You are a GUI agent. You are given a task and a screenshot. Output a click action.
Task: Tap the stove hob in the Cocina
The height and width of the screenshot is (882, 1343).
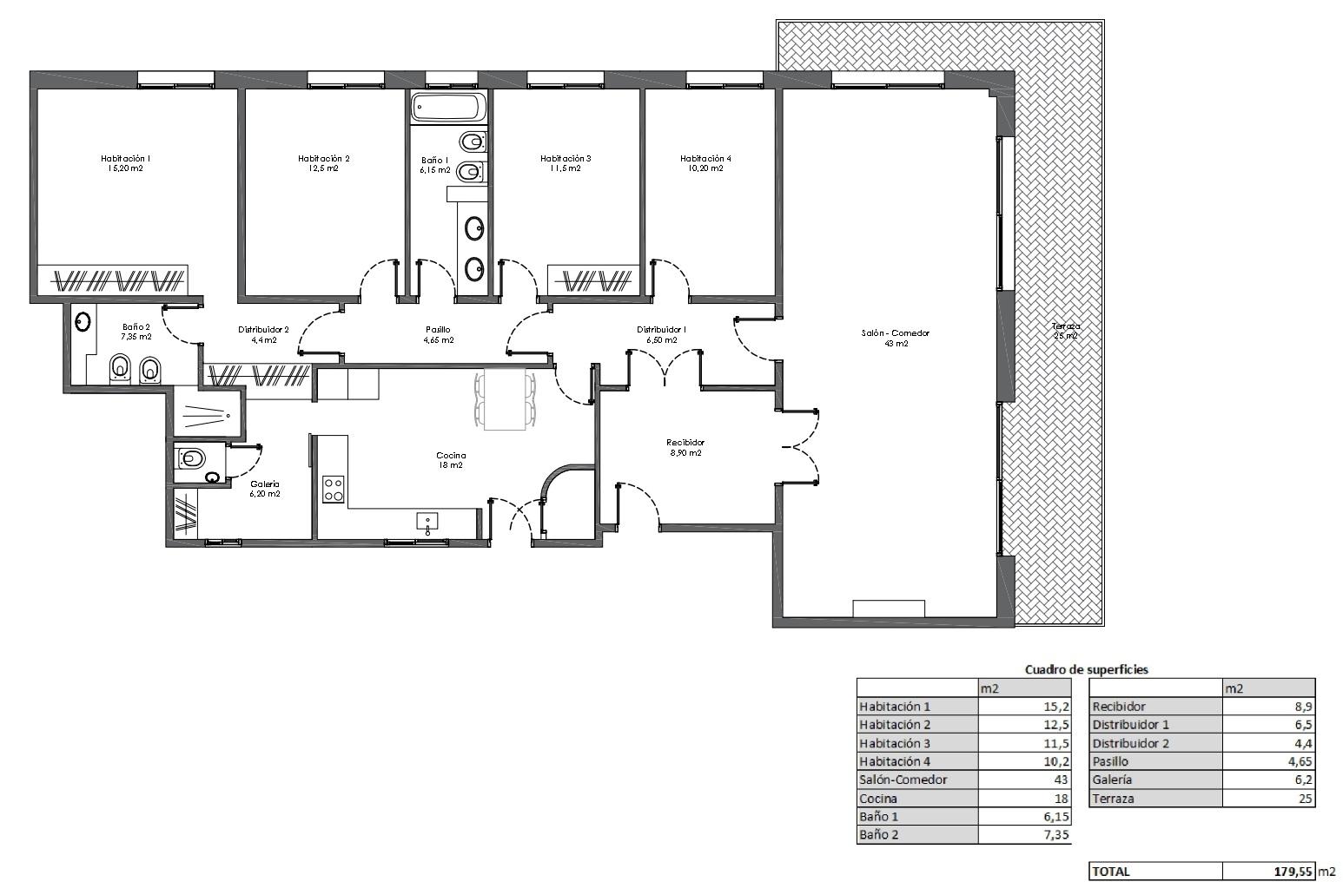(334, 489)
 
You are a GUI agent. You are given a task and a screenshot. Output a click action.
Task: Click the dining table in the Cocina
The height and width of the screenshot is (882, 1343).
(505, 399)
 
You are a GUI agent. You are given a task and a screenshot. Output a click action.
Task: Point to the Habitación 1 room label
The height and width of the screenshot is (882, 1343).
(125, 158)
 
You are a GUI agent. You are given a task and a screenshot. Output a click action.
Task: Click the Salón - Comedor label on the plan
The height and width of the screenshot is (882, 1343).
(896, 333)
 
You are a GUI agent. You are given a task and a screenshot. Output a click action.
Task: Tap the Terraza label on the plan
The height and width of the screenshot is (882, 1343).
(1065, 326)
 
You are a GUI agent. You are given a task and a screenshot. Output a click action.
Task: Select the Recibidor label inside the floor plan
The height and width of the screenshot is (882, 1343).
(685, 443)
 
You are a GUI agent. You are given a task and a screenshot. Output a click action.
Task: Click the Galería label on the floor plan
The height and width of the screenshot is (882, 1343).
(265, 484)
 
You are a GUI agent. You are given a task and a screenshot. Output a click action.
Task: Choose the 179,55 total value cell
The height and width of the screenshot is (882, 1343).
(1293, 872)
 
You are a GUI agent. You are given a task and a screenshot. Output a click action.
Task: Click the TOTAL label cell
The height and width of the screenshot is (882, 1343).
(1110, 872)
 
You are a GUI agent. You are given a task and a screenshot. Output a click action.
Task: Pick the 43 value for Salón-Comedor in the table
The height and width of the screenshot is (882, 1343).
(1061, 780)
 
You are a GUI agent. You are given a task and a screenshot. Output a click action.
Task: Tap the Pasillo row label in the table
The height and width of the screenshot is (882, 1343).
(1110, 761)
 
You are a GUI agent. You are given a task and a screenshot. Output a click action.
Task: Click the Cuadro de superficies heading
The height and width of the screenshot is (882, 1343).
(1087, 669)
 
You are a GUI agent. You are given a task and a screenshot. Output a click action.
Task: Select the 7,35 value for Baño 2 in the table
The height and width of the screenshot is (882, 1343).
(1055, 834)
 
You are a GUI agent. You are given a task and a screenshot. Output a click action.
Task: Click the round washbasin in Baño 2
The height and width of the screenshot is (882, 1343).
(83, 323)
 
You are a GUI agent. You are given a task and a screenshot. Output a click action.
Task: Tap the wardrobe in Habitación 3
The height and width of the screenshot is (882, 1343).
(593, 280)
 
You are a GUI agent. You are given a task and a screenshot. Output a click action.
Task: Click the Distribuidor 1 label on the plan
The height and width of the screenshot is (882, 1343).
(661, 330)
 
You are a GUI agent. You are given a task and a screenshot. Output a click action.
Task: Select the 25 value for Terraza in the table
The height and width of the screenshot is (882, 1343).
(1306, 798)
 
